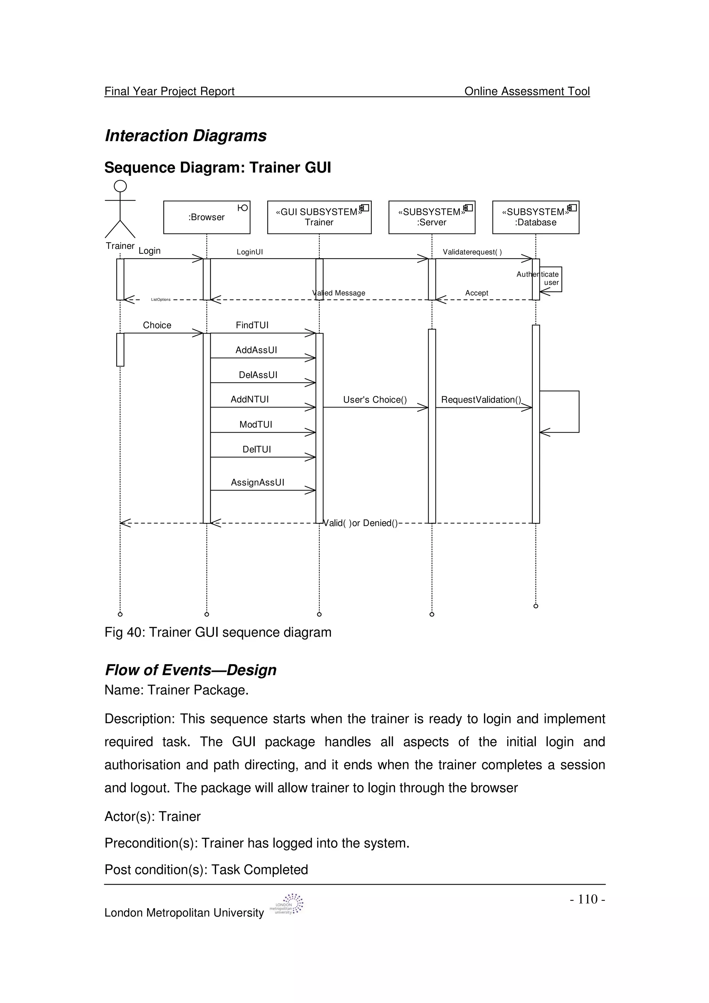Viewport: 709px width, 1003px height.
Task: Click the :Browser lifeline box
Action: pyautogui.click(x=207, y=217)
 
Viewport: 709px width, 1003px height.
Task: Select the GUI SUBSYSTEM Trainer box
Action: pyautogui.click(x=319, y=217)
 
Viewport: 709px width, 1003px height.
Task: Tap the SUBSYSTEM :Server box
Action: pyautogui.click(x=432, y=217)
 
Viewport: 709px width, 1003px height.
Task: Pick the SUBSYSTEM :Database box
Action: pyautogui.click(x=536, y=217)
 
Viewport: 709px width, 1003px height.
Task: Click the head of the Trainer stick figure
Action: pyautogui.click(x=120, y=186)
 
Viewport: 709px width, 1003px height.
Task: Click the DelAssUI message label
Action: pyautogui.click(x=258, y=375)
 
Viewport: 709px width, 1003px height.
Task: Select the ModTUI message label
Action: pyautogui.click(x=255, y=424)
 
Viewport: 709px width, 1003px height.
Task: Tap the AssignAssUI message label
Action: pyautogui.click(x=257, y=482)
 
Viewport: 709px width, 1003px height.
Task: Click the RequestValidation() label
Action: pyautogui.click(x=481, y=400)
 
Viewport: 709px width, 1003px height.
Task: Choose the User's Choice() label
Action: pyautogui.click(x=375, y=400)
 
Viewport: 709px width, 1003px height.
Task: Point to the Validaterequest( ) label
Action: pyautogui.click(x=472, y=252)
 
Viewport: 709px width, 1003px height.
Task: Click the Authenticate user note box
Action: pyautogui.click(x=550, y=279)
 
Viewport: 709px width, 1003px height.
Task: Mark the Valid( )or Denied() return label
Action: pyautogui.click(x=360, y=523)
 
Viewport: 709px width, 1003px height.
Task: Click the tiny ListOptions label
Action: pyautogui.click(x=161, y=300)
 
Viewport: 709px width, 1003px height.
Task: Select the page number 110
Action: pyautogui.click(x=587, y=899)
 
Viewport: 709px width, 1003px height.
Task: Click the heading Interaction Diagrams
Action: pyautogui.click(x=186, y=136)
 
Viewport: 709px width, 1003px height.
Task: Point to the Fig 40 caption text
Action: pyautogui.click(x=218, y=632)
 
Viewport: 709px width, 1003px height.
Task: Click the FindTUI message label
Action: pyautogui.click(x=252, y=325)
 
